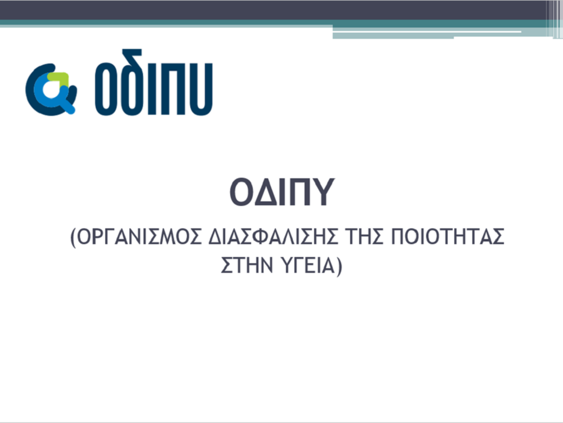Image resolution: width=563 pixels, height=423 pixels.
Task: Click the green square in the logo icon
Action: (59, 78)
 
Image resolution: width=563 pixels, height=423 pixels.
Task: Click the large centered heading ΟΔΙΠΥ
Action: (282, 192)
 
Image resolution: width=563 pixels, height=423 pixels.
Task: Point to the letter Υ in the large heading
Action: (322, 192)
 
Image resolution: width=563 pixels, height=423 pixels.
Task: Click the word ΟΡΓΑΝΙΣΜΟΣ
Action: (139, 237)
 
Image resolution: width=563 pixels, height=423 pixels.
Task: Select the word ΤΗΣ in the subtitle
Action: (364, 237)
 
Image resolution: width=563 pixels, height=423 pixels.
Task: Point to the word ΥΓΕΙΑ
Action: (308, 265)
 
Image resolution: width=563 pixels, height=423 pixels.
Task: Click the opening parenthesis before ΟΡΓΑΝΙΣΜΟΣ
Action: (73, 238)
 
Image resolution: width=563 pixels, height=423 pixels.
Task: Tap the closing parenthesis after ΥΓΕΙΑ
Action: (339, 267)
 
